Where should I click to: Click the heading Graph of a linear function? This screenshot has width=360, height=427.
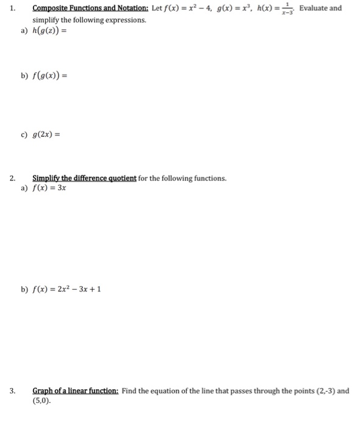click(76, 391)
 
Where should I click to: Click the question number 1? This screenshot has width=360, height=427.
click(12, 9)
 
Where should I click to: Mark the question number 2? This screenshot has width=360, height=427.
click(12, 178)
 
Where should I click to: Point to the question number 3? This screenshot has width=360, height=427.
click(12, 391)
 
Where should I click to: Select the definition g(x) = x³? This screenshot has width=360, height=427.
click(236, 9)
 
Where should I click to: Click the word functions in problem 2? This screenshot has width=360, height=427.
click(208, 178)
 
